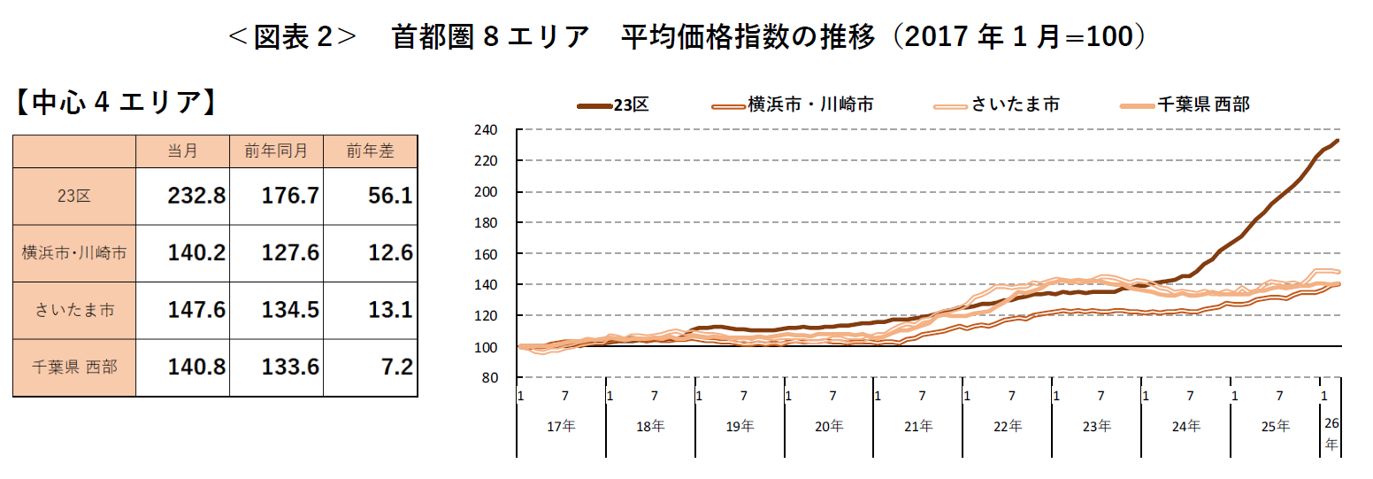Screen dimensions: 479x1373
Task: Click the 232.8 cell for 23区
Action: click(196, 196)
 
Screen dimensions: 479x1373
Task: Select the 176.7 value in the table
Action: click(290, 196)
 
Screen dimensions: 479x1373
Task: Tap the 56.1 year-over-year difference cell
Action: click(390, 196)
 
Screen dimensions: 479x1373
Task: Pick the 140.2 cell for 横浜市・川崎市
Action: click(196, 253)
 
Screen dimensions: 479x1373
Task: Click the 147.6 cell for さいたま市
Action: click(196, 310)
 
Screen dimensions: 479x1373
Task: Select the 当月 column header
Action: click(182, 151)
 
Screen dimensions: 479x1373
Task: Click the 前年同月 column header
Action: click(276, 151)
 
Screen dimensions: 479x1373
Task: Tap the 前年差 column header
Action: click(370, 151)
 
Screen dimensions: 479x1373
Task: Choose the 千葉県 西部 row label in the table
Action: click(74, 367)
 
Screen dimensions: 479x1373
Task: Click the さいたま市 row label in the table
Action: click(74, 310)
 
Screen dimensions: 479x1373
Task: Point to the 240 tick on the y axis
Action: click(490, 130)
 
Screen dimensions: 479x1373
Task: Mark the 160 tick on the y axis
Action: click(490, 254)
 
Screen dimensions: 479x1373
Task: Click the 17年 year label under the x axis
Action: click(561, 426)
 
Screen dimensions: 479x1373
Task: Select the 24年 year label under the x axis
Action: click(1185, 426)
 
